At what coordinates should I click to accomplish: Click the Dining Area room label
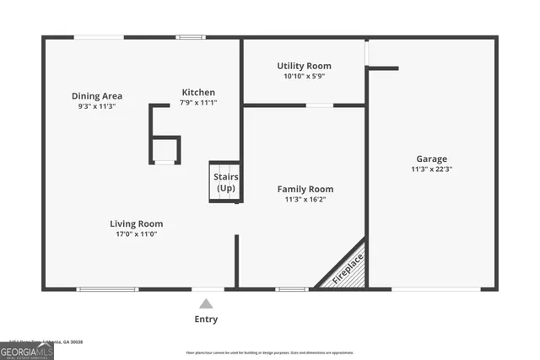[97, 96]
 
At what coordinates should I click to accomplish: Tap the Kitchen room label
[198, 92]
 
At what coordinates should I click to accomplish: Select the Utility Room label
[304, 66]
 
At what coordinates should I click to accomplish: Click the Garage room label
[431, 159]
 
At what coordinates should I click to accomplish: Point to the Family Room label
[305, 189]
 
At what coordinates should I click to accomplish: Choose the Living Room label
[136, 223]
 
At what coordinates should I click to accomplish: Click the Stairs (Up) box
[225, 182]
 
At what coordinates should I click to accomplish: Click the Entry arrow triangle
[206, 304]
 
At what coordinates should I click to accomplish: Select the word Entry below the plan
[206, 320]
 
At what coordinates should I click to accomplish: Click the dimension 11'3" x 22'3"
[431, 169]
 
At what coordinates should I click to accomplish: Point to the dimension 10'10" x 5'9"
[304, 77]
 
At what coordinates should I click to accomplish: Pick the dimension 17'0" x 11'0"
[136, 234]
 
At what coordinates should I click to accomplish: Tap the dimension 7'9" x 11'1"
[198, 103]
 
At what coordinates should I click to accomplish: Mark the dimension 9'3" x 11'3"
[97, 107]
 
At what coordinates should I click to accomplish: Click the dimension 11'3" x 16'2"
[305, 200]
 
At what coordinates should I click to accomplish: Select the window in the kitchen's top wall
[191, 37]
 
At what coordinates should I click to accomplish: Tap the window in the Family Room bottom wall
[292, 289]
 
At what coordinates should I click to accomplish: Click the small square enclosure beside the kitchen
[165, 150]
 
